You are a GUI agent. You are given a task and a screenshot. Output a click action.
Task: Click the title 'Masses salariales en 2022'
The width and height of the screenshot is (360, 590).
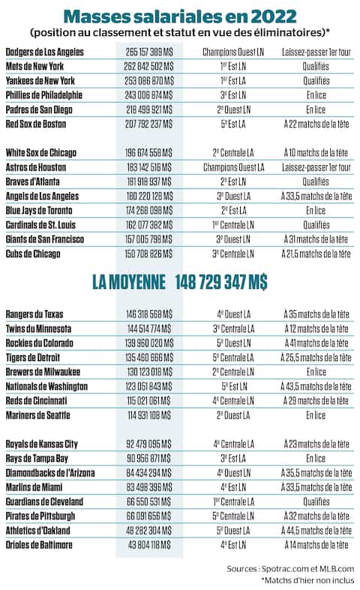pyautogui.click(x=179, y=16)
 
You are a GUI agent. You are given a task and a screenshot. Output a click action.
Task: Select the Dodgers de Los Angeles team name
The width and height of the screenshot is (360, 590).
pyautogui.click(x=44, y=52)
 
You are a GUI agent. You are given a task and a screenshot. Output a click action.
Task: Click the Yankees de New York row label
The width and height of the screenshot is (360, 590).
pyautogui.click(x=40, y=80)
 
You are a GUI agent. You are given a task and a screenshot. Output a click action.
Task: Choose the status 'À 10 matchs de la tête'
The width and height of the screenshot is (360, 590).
pyautogui.click(x=317, y=153)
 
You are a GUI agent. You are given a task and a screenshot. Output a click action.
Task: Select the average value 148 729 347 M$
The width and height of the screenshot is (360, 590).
pyautogui.click(x=221, y=282)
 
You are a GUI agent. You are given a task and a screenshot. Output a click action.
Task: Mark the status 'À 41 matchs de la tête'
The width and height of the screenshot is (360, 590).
pyautogui.click(x=317, y=343)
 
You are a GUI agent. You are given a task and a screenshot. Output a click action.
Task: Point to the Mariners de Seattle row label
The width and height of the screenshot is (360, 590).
pyautogui.click(x=38, y=415)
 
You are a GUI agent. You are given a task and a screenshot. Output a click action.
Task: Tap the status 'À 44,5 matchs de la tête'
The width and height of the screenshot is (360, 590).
pyautogui.click(x=317, y=531)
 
